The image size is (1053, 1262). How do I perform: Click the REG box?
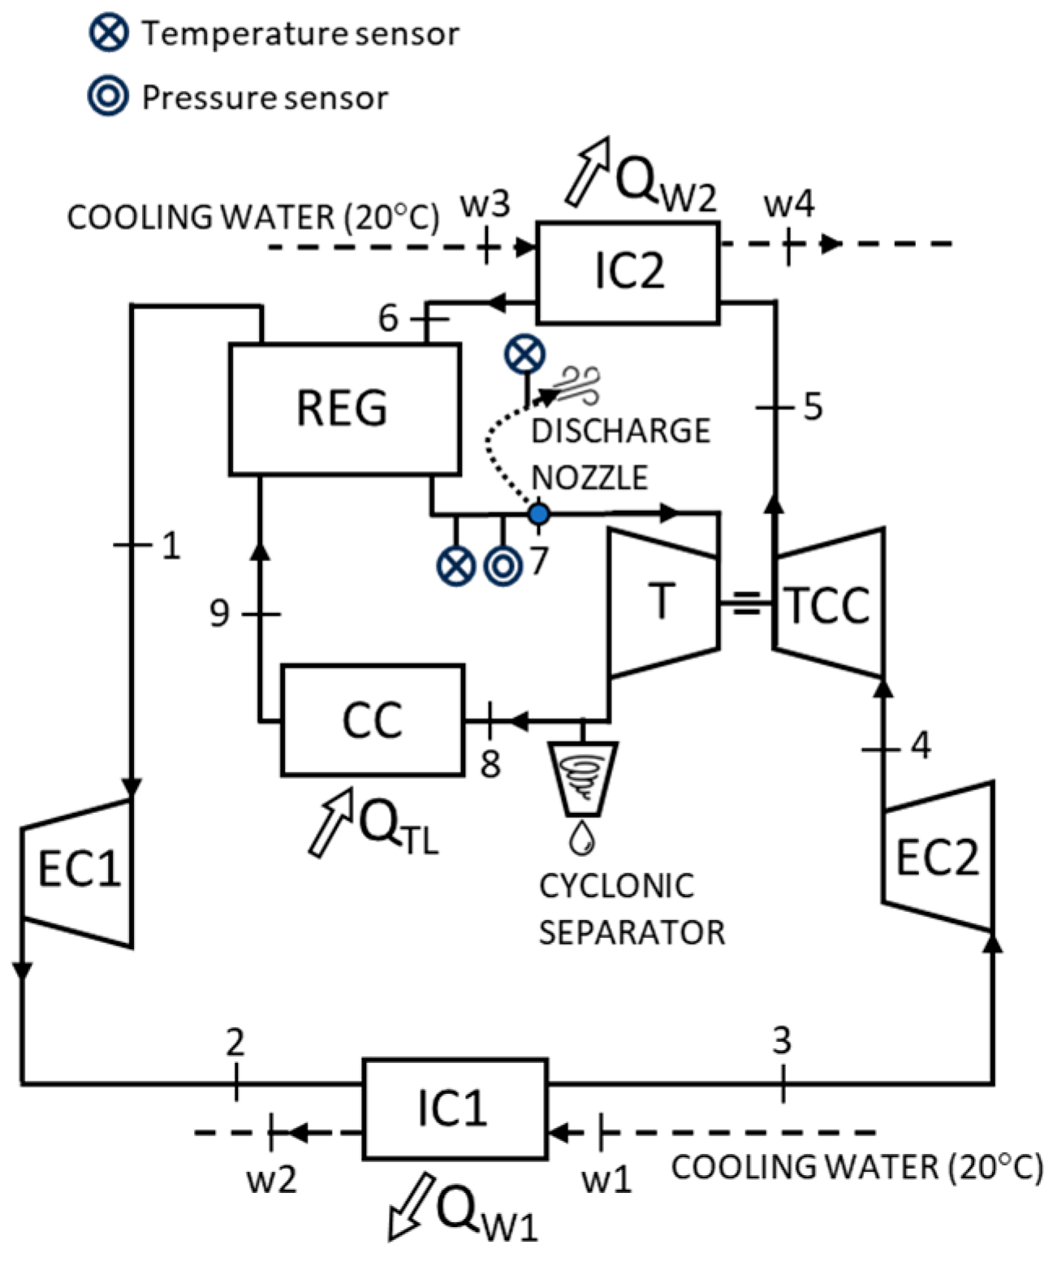click(x=344, y=408)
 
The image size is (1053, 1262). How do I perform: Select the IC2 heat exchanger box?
click(x=628, y=272)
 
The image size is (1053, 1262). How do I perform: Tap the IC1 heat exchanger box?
click(x=455, y=1108)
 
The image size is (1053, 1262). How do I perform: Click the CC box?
click(x=373, y=720)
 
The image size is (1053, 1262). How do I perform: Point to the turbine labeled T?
click(x=663, y=603)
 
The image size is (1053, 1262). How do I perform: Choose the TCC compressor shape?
click(x=828, y=603)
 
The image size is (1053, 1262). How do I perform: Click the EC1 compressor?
click(x=78, y=872)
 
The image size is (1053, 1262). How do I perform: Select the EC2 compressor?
click(x=938, y=856)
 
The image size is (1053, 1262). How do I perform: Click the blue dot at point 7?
click(x=539, y=514)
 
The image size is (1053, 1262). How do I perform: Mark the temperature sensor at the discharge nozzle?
click(x=525, y=355)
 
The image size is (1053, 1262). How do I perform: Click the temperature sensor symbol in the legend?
click(x=108, y=32)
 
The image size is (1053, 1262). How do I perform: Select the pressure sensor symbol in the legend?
click(x=108, y=96)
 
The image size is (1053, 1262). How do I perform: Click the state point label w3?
click(x=485, y=205)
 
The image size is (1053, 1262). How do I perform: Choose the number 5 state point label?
click(x=813, y=406)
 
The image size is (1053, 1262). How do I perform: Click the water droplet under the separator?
click(x=581, y=837)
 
